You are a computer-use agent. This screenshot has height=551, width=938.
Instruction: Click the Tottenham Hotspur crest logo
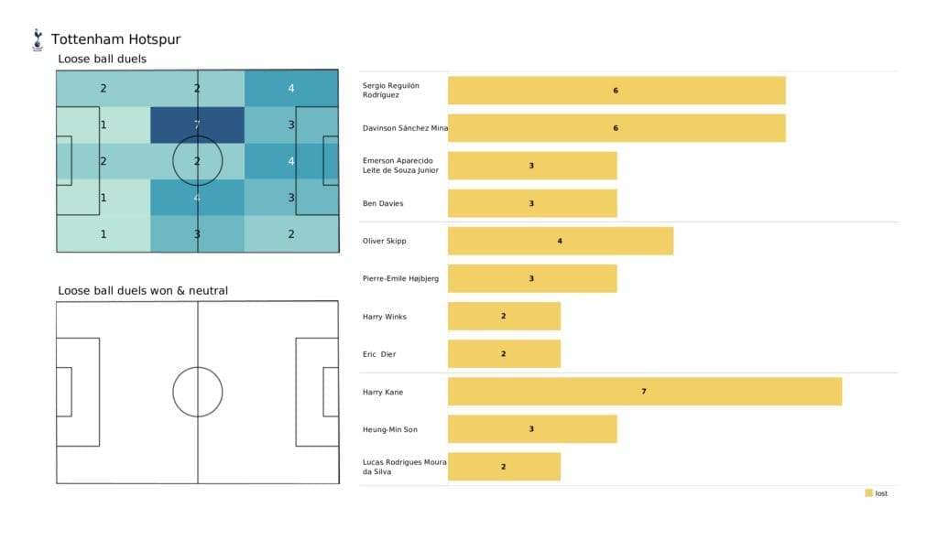click(x=38, y=39)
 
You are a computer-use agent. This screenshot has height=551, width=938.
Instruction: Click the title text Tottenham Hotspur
click(x=115, y=39)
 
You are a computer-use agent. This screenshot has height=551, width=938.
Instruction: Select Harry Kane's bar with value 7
click(x=644, y=392)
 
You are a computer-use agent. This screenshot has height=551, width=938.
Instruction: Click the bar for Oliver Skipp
click(x=560, y=242)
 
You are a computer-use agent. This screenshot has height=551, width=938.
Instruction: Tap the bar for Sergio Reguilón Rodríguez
click(x=616, y=91)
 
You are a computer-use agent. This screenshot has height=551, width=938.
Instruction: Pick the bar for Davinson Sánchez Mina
click(x=616, y=128)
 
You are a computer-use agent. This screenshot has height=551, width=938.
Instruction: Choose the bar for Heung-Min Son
click(x=531, y=429)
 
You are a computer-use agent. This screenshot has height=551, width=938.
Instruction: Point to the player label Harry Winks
click(x=385, y=317)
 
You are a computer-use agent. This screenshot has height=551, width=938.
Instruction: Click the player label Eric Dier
click(x=379, y=354)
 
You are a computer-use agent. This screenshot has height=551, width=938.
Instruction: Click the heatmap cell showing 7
click(x=197, y=124)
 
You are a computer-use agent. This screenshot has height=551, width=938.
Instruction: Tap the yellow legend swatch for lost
click(x=868, y=493)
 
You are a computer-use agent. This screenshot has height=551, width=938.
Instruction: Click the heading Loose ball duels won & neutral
click(x=143, y=291)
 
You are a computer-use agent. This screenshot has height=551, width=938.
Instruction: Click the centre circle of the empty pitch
click(x=197, y=392)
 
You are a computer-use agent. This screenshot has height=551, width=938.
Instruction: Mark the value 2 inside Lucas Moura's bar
click(x=503, y=467)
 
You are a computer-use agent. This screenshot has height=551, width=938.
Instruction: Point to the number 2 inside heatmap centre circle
click(x=197, y=161)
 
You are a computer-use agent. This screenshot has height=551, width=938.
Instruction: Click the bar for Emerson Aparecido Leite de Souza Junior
click(x=531, y=167)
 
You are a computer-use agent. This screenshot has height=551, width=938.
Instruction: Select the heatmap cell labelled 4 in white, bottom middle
click(x=197, y=198)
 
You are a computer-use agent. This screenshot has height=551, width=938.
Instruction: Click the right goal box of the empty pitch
click(x=330, y=392)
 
